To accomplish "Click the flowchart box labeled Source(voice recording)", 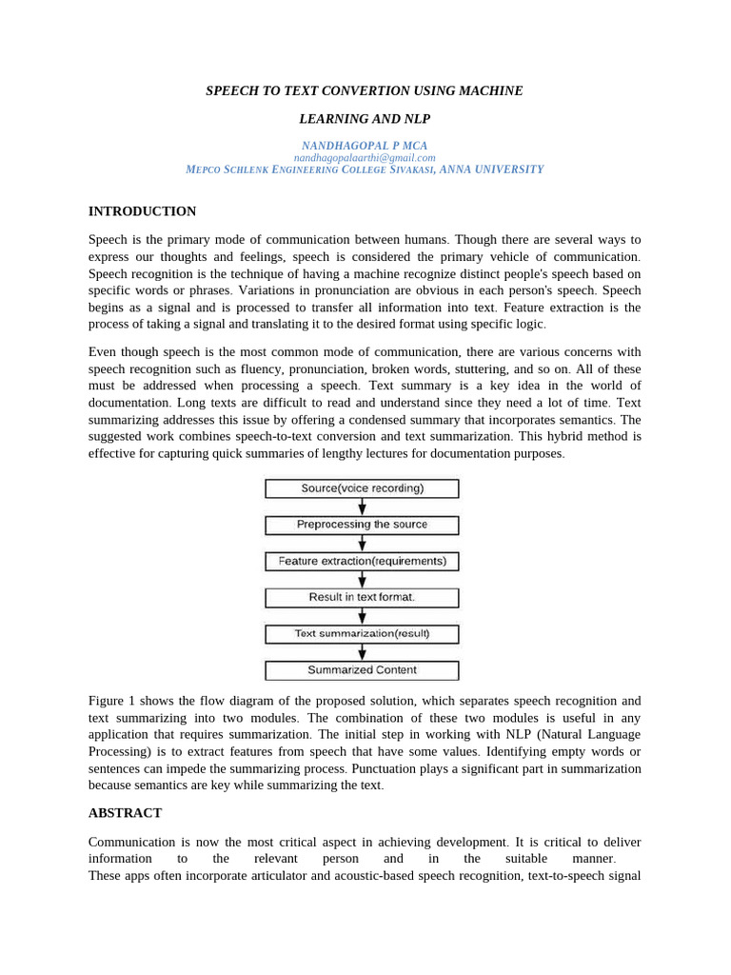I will pyautogui.click(x=362, y=488).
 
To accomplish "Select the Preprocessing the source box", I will pyautogui.click(x=362, y=525).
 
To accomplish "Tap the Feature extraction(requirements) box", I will pyautogui.click(x=362, y=562).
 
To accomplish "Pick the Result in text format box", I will pyautogui.click(x=362, y=598).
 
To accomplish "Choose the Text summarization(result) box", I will pyautogui.click(x=362, y=634).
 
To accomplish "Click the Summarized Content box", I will pyautogui.click(x=362, y=670).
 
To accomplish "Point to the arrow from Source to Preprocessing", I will pyautogui.click(x=362, y=507).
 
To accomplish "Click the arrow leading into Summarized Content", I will pyautogui.click(x=362, y=652).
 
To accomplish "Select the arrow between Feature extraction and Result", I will pyautogui.click(x=362, y=580).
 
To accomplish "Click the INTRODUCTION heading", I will pyautogui.click(x=142, y=211).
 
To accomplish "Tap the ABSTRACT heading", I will pyautogui.click(x=125, y=813).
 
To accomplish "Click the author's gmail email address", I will pyautogui.click(x=365, y=158).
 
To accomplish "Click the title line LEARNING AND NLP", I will pyautogui.click(x=365, y=119).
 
